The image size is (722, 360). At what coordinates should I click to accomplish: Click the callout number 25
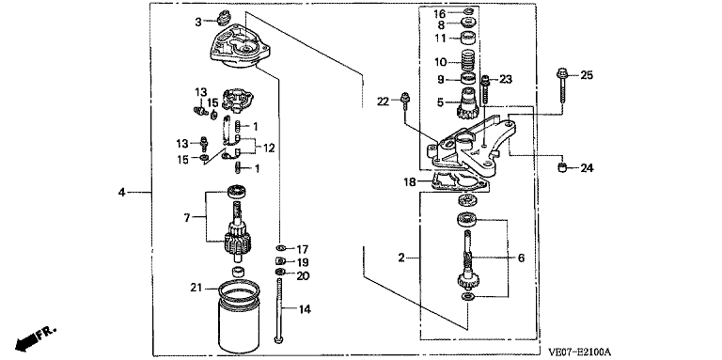click(587, 75)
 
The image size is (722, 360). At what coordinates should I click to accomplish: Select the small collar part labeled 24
click(562, 167)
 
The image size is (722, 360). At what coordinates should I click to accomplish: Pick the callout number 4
click(121, 192)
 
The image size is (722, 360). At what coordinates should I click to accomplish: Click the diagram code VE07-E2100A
click(579, 352)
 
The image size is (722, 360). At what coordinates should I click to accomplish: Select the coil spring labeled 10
click(469, 60)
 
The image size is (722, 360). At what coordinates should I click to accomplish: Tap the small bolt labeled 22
click(405, 102)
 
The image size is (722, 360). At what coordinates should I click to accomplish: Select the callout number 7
click(187, 218)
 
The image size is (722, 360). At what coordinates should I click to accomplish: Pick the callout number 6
click(521, 258)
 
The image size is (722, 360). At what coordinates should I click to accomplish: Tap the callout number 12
click(269, 149)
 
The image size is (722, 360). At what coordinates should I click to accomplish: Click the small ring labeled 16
click(468, 11)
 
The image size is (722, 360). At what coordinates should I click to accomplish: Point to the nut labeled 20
click(279, 273)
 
